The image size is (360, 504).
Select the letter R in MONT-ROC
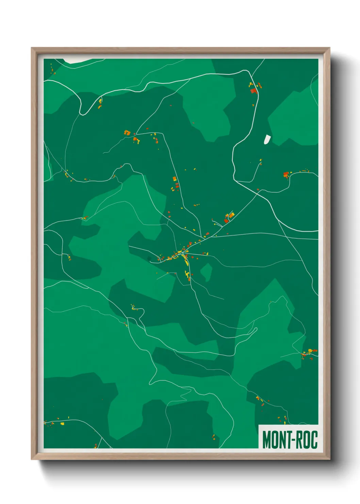pyautogui.click(x=296, y=440)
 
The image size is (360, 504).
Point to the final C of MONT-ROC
pyautogui.click(x=314, y=440)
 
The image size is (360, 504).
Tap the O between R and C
pyautogui.click(x=305, y=440)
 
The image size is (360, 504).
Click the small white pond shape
pyautogui.click(x=267, y=139)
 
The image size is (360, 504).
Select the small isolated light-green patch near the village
pyautogui.click(x=206, y=272)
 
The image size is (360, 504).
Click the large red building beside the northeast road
pyautogui.click(x=253, y=91)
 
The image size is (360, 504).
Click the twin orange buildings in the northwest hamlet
pyautogui.click(x=127, y=132)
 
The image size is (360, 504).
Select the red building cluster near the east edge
pyautogui.click(x=286, y=175)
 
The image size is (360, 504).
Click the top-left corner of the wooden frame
pyautogui.click(x=32, y=48)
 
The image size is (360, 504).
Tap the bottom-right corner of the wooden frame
pyautogui.click(x=329, y=459)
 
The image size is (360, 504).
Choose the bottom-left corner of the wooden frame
pyautogui.click(x=32, y=459)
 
